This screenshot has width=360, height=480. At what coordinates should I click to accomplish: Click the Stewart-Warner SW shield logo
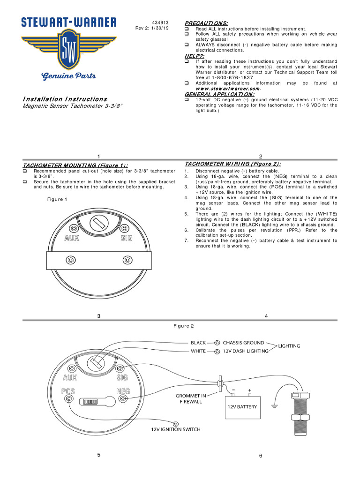[x=68, y=52]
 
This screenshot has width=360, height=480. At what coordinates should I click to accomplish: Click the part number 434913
[x=159, y=22]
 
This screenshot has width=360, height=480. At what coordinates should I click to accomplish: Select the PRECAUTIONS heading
[x=206, y=23]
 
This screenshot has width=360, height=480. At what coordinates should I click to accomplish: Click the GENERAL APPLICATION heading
[x=219, y=94]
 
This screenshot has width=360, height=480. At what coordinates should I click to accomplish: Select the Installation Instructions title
[x=65, y=99]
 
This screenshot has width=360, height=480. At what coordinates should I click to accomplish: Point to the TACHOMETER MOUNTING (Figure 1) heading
[x=75, y=165]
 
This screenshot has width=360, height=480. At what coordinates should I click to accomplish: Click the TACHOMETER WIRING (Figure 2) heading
[x=233, y=164]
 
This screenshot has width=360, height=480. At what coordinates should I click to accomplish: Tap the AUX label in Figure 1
[x=72, y=238]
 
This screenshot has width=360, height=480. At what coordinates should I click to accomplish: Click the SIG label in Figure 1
[x=126, y=238]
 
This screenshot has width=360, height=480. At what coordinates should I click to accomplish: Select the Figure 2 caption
[x=183, y=326]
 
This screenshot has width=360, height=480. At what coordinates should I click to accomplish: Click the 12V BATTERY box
[x=242, y=406]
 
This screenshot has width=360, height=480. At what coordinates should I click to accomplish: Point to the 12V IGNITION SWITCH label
[x=176, y=429]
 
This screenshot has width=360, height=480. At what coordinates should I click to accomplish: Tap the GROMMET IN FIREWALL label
[x=189, y=398]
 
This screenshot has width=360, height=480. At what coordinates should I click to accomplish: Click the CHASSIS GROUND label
[x=243, y=343]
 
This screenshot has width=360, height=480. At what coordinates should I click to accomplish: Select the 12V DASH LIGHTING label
[x=245, y=351]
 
